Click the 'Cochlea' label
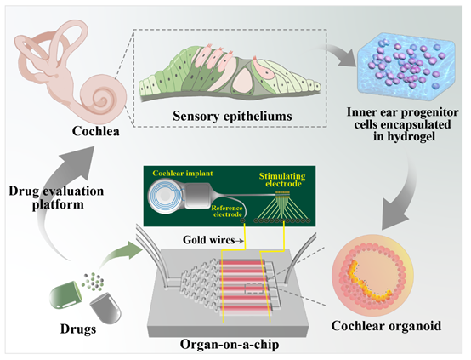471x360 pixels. pyautogui.click(x=95, y=131)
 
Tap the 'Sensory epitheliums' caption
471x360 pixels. pyautogui.click(x=232, y=117)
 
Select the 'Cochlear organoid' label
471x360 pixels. pyautogui.click(x=386, y=326)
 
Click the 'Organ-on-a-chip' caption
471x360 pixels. pyautogui.click(x=230, y=345)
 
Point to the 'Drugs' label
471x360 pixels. pyautogui.click(x=78, y=329)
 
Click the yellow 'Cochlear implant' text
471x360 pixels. pyautogui.click(x=183, y=174)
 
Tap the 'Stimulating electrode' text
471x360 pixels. pyautogui.click(x=282, y=180)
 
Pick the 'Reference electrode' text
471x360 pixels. pyautogui.click(x=227, y=211)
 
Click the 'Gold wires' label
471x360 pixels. pyautogui.click(x=209, y=240)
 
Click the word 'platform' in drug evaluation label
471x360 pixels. pyautogui.click(x=58, y=205)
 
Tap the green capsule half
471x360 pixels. pyautogui.click(x=65, y=295)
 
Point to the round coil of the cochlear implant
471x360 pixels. pyautogui.click(x=164, y=197)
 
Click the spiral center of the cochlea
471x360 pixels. pyautogui.click(x=102, y=99)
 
